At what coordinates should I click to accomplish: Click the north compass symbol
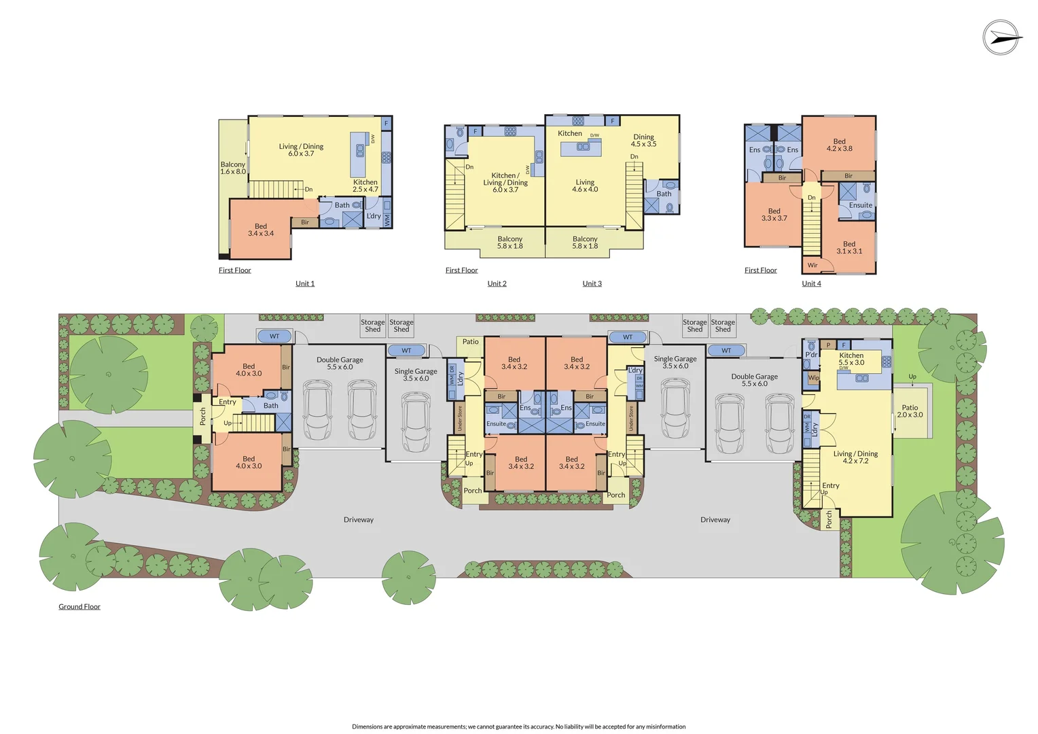coord(1002,37)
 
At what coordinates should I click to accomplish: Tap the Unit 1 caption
coord(305,283)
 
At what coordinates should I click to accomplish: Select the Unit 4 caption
coord(811,283)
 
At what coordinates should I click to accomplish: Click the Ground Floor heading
coord(79,606)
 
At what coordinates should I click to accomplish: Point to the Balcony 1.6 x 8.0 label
coord(233,168)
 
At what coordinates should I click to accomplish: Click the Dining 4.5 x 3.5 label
coord(643,141)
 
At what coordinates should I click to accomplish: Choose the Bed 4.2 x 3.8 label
coord(839,145)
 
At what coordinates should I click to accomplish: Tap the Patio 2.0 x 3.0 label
coord(910,411)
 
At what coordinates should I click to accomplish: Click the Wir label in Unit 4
coord(812,265)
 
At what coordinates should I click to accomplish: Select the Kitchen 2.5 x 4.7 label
coord(365,186)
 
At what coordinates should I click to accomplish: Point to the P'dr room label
coord(811,355)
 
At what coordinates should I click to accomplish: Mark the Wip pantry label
coord(813,377)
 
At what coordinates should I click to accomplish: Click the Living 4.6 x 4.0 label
coord(585,186)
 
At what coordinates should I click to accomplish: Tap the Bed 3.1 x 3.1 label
coord(849,247)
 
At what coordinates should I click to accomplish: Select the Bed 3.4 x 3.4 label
coord(261,230)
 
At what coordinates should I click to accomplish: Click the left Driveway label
coord(359,520)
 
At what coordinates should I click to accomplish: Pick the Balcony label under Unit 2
coord(509,243)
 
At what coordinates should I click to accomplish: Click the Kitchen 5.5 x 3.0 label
coord(851,359)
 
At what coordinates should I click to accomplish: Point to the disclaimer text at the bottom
coord(518,727)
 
